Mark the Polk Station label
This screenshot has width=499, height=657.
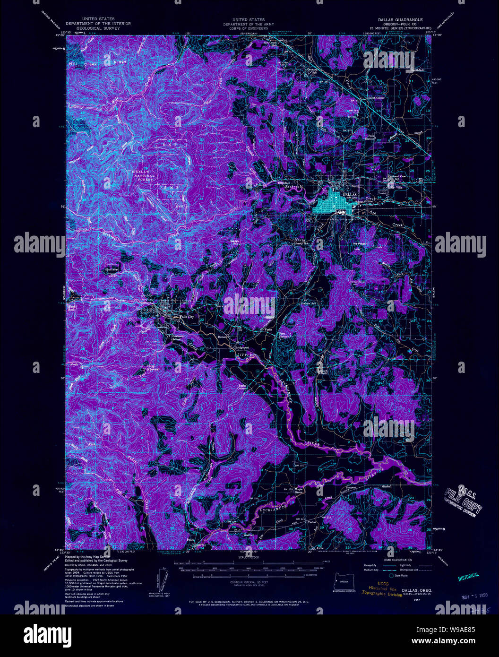(x=371, y=137)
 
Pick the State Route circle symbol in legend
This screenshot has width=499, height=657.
(x=392, y=575)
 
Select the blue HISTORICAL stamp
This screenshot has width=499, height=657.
(x=468, y=576)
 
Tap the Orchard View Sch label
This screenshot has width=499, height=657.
(x=396, y=177)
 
